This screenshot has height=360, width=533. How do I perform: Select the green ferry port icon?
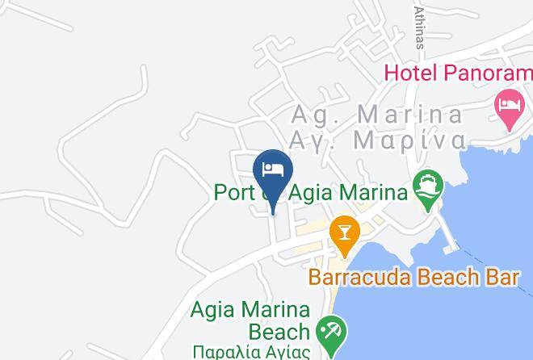[427, 187]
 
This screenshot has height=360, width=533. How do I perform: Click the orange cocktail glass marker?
[345, 234]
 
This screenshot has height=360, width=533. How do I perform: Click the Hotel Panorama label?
[458, 73]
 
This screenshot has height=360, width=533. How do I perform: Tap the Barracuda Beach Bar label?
[413, 278]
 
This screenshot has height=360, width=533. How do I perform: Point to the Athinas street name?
[418, 27]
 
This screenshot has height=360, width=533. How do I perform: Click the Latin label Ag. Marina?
[377, 114]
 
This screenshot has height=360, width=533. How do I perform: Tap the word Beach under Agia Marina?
[279, 331]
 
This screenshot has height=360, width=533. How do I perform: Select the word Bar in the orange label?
[499, 278]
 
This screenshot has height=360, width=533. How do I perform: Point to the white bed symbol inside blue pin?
[272, 168]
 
